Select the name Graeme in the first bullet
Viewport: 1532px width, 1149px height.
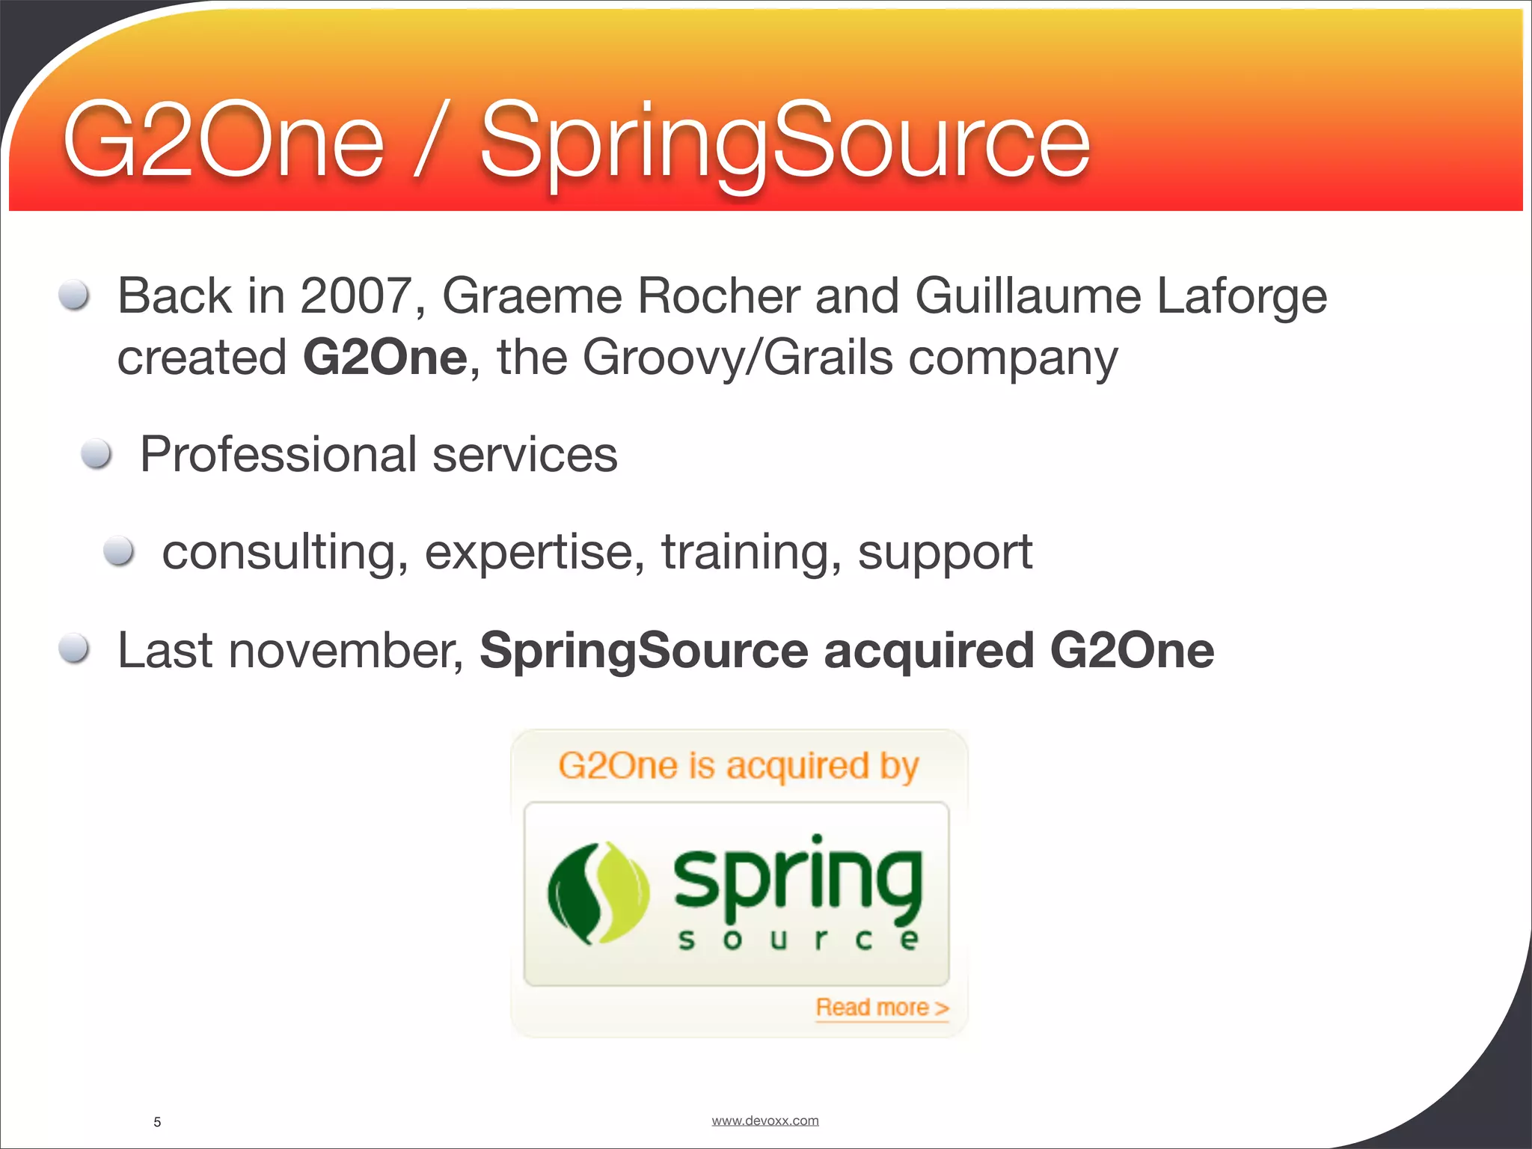(532, 296)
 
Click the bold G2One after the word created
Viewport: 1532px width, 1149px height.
(385, 358)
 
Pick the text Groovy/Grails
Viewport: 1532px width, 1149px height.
(738, 358)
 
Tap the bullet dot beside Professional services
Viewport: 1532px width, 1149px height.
(96, 453)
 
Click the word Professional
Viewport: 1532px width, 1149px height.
(279, 455)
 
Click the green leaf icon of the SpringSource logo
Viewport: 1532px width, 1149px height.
(598, 892)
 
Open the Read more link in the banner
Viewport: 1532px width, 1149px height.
(881, 1008)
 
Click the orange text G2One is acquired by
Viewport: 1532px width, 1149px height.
(738, 766)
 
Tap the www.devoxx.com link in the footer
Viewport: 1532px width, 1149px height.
(765, 1121)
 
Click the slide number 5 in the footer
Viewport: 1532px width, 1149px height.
(157, 1122)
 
